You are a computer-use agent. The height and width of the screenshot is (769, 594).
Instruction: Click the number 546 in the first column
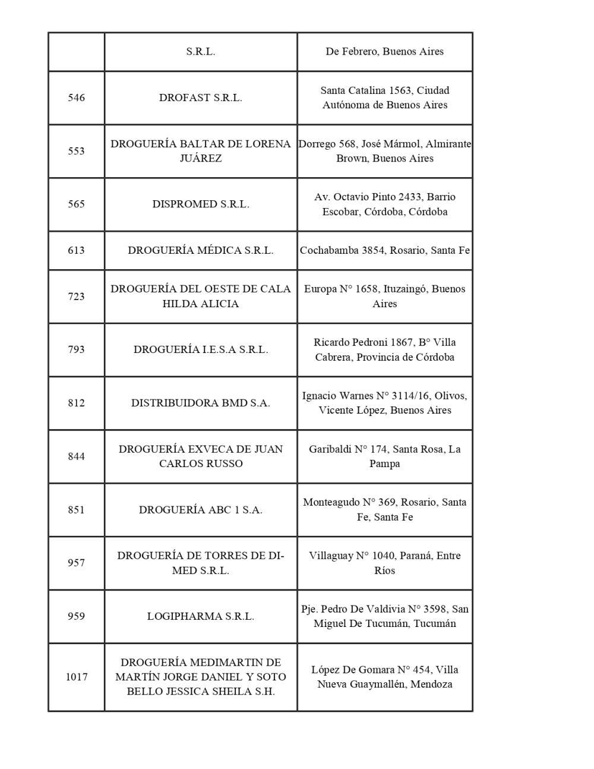[76, 98]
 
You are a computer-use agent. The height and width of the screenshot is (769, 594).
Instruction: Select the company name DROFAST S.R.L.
[200, 98]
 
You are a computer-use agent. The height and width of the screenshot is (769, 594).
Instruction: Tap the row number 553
[76, 151]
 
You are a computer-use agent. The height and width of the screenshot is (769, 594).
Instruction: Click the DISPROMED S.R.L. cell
[200, 204]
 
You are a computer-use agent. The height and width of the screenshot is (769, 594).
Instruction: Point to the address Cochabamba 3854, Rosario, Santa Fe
[384, 250]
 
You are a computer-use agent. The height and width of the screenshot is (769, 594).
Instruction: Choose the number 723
[76, 297]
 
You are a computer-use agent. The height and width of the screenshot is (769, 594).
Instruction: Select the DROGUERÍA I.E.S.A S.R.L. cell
[200, 349]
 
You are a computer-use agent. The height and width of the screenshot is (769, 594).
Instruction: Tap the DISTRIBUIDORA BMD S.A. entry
[200, 403]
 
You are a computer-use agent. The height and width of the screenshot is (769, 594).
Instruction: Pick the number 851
[76, 510]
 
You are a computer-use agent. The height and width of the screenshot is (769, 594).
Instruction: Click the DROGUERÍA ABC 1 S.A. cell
[200, 510]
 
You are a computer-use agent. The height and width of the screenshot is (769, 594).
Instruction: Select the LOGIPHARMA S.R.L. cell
[200, 616]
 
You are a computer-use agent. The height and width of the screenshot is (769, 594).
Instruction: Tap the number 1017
[76, 677]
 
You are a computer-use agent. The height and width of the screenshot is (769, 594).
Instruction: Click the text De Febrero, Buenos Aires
[384, 52]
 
